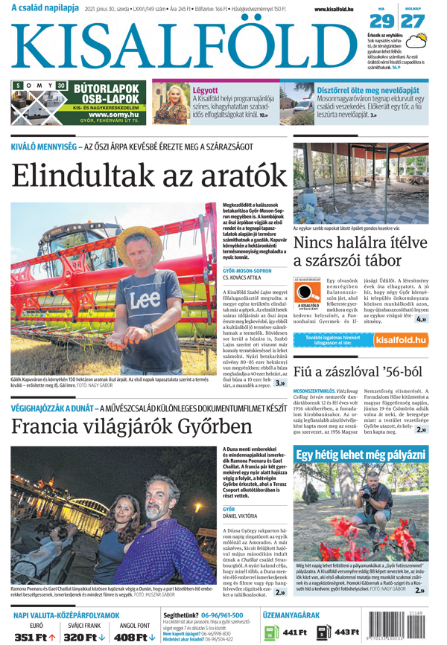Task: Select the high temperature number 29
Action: coord(382,21)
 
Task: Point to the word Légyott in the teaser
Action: coord(206,90)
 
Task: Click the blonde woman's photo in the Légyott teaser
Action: coord(171,103)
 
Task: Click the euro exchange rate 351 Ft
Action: coord(35,637)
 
